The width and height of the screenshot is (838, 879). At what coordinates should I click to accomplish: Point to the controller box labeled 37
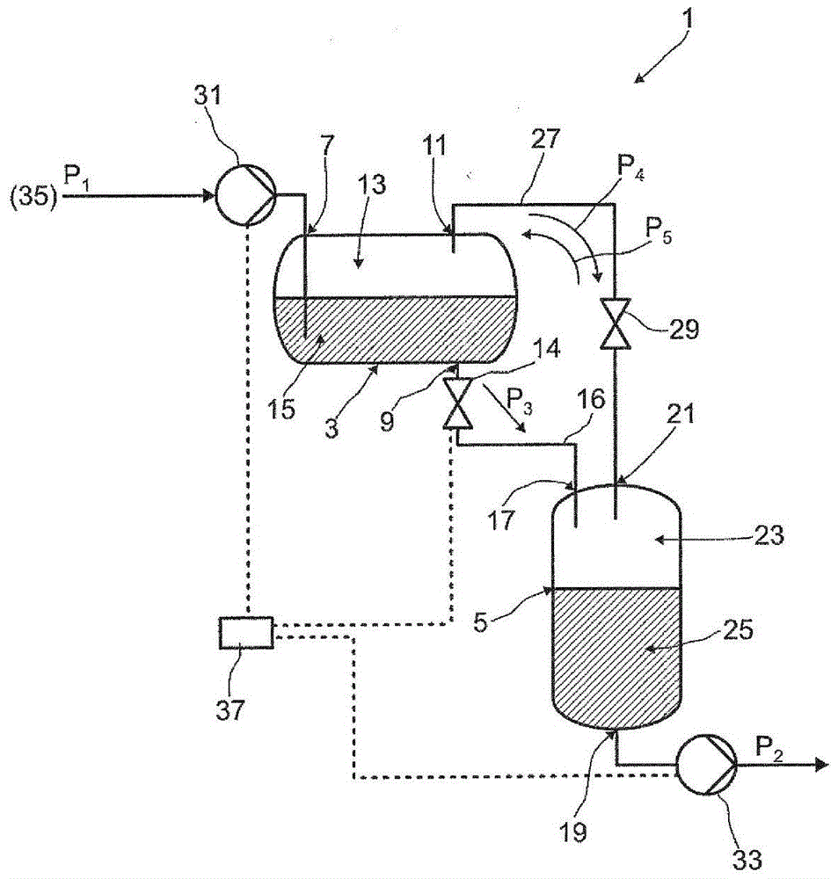coord(246,632)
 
